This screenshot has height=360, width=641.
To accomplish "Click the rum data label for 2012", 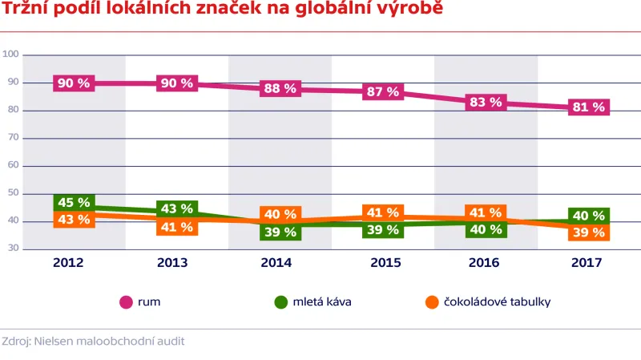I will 74,83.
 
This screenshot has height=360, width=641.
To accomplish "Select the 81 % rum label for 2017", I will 589,107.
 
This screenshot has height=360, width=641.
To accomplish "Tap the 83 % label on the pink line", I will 486,103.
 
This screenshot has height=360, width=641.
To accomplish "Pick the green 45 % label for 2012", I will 74,202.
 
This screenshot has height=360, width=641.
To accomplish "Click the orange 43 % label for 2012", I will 74,220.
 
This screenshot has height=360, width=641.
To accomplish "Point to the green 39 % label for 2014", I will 280,232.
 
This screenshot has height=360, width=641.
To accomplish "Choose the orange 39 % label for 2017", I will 589,232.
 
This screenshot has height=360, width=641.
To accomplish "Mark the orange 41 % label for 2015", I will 382,212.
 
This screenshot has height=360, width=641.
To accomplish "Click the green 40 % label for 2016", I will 486,229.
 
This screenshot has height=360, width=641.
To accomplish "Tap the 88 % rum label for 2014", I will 280,88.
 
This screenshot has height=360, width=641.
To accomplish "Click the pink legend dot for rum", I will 126,302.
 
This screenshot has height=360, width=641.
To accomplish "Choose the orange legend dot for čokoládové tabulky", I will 431,302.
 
